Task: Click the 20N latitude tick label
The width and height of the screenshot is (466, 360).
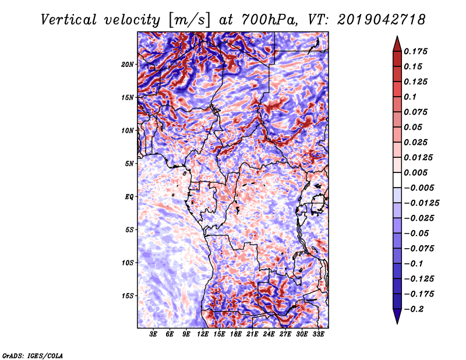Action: pyautogui.click(x=128, y=65)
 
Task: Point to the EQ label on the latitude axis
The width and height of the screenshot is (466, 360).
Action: pyautogui.click(x=129, y=197)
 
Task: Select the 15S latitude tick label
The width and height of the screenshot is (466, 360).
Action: pyautogui.click(x=128, y=296)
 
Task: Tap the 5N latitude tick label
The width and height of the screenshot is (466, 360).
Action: pyautogui.click(x=129, y=164)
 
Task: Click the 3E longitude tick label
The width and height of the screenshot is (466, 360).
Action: pyautogui.click(x=153, y=334)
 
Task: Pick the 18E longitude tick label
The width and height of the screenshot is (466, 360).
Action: pyautogui.click(x=236, y=334)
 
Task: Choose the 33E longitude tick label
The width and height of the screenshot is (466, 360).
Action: pyautogui.click(x=318, y=334)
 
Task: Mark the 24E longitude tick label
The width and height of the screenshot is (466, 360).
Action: pyautogui.click(x=269, y=334)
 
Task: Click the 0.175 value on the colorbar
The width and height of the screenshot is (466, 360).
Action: pyautogui.click(x=415, y=51)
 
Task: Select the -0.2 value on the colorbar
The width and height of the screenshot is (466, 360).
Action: pyautogui.click(x=414, y=309)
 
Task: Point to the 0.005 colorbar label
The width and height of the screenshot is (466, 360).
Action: pyautogui.click(x=415, y=172)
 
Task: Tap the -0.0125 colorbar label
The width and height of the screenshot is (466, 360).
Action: pyautogui.click(x=421, y=203)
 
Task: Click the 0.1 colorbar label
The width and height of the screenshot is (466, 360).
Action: pyautogui.click(x=410, y=97)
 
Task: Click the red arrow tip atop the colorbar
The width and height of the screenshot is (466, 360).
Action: pyautogui.click(x=397, y=37)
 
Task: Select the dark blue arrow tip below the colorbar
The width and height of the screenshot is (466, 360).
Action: pyautogui.click(x=397, y=323)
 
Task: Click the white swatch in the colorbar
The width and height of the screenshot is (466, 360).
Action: pyautogui.click(x=397, y=180)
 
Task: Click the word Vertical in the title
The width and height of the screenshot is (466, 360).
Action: pyautogui.click(x=69, y=20)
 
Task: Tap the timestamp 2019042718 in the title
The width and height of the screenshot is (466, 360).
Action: pyautogui.click(x=381, y=20)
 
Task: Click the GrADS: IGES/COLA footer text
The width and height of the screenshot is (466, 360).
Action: pyautogui.click(x=33, y=355)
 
